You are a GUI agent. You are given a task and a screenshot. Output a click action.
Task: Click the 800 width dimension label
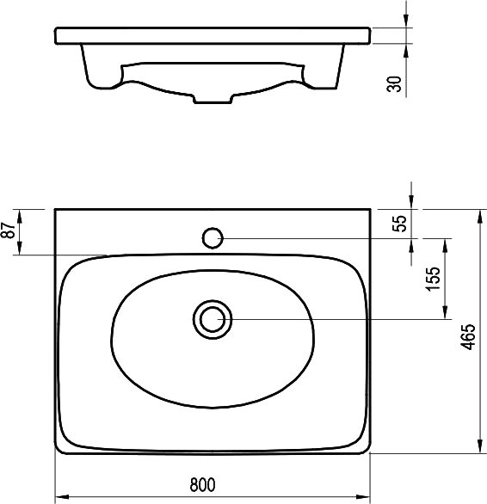202,485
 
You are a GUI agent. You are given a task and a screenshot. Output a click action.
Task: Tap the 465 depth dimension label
468,336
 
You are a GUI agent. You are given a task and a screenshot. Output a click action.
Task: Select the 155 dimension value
433,279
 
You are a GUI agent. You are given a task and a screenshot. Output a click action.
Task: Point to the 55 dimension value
400,224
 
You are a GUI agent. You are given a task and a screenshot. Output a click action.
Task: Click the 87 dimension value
9,230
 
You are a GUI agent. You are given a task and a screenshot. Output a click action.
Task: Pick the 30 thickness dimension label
394,84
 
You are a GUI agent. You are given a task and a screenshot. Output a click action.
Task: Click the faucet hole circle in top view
213,238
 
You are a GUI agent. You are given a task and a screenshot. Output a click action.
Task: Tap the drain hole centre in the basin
213,319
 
